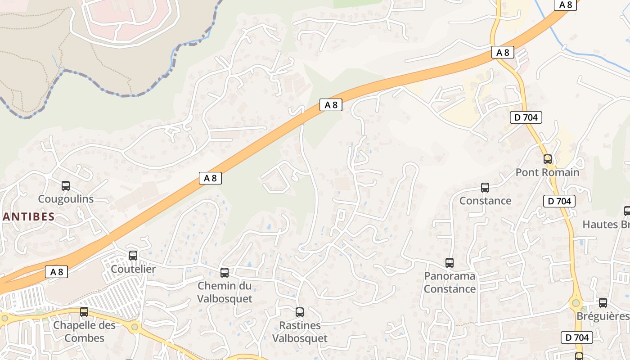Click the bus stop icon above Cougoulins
pos(66,185)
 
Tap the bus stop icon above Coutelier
pos(133,256)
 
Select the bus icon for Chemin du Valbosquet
pos(225,272)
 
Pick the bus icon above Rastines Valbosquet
pos(300,312)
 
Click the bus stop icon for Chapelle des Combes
pos(84,312)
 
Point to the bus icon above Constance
pos(485,188)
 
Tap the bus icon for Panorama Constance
pos(450,263)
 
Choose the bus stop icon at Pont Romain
pos(548,159)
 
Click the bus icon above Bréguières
pos(603,303)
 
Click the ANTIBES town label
pos(28,216)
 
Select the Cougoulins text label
pos(66,199)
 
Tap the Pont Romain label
pos(547,172)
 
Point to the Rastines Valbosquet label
pos(300,332)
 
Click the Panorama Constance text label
pos(450,282)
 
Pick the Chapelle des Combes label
pos(84,332)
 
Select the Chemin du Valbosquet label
pos(225,292)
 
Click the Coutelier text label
pos(133,269)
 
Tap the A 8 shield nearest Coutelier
pos(56,272)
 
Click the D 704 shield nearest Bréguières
pos(577,337)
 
